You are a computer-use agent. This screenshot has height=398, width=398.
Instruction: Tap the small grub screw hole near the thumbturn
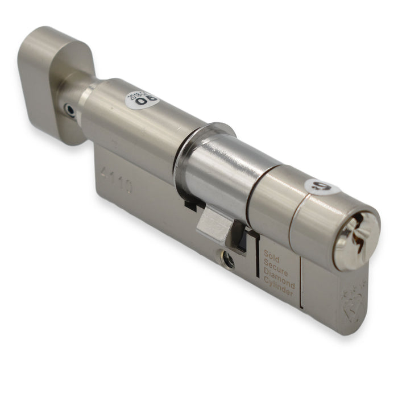tap(69, 109)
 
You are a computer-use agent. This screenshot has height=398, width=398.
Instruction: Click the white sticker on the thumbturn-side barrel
tap(142, 100)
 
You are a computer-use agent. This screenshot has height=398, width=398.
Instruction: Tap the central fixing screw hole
tap(229, 260)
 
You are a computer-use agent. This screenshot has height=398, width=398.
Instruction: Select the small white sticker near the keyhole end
tap(322, 186)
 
